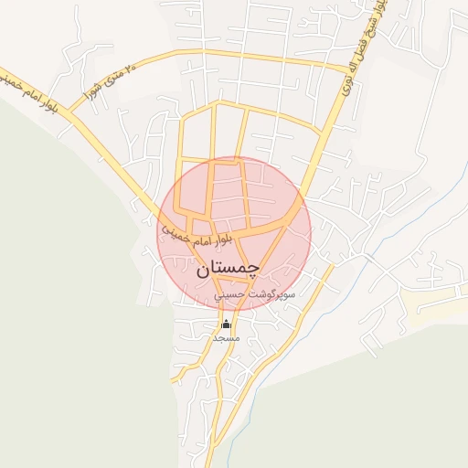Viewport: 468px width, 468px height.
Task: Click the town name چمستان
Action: coord(228,268)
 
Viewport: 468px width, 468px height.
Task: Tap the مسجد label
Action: coord(225,338)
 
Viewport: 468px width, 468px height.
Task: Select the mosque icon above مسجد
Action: coord(226,324)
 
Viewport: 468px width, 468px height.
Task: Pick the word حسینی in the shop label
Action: coord(229,297)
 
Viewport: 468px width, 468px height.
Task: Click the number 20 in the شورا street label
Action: coord(131,67)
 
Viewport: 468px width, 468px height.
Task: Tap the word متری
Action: coord(112,77)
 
